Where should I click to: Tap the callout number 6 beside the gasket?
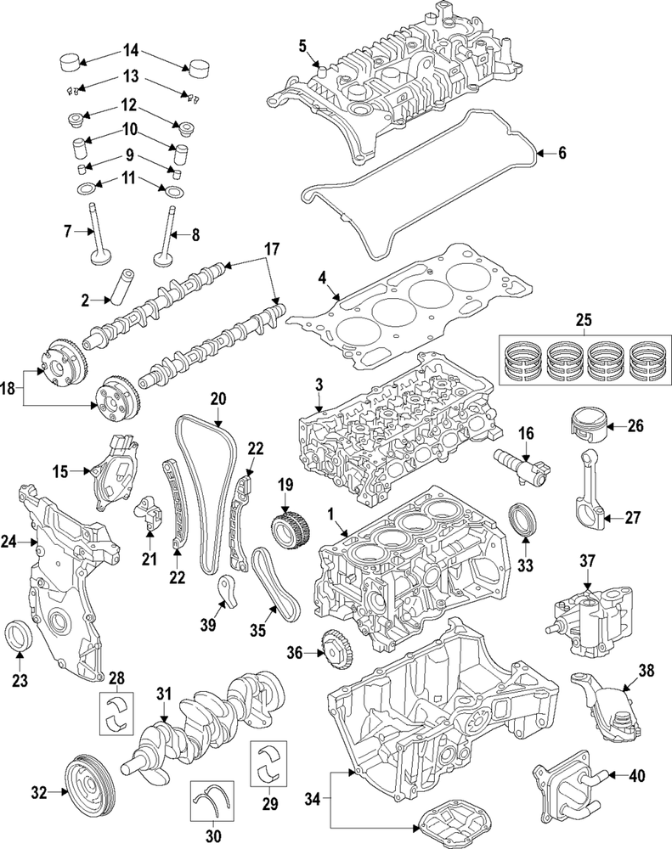click(562, 153)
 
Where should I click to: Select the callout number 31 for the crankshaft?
click(164, 694)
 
